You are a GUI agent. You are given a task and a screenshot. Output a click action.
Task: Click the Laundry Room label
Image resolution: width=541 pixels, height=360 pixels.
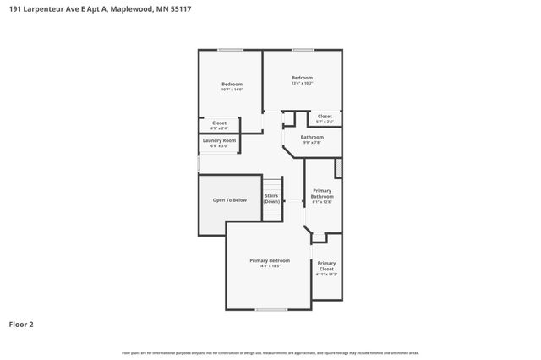point(219,140)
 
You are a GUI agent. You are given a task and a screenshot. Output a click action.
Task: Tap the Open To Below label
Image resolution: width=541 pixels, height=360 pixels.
point(230,200)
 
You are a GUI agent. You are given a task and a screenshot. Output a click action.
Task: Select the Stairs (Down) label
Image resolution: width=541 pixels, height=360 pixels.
point(271,199)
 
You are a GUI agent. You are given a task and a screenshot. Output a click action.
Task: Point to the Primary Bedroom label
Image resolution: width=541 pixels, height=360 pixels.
point(270,260)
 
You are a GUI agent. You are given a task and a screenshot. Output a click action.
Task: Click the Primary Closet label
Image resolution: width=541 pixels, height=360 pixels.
point(326,265)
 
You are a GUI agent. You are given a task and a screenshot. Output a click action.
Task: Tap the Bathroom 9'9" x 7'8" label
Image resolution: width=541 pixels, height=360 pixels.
point(312,139)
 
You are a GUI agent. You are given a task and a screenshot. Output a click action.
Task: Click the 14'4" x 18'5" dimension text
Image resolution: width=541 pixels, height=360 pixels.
point(270,266)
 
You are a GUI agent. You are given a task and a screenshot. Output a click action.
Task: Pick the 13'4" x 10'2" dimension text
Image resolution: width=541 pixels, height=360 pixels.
point(302,83)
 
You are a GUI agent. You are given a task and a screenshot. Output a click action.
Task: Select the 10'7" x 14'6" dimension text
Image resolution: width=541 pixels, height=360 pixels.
point(232,89)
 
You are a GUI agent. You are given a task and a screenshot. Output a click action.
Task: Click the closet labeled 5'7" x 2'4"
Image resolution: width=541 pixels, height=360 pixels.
point(325,119)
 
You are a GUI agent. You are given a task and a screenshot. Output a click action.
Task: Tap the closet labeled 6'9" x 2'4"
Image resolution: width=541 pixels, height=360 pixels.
point(219,126)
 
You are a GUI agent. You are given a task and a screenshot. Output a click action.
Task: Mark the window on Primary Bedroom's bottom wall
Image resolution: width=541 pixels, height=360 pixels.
point(270,309)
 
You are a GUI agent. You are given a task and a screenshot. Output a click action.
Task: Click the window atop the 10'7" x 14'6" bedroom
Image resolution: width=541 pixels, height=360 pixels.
point(230,50)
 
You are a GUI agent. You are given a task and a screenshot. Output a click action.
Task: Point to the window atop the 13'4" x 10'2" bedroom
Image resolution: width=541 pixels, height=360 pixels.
point(303,50)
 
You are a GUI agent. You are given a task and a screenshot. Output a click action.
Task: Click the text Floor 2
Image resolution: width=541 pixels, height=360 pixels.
point(21,324)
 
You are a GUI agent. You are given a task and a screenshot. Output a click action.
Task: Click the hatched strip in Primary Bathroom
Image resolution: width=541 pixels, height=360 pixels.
point(338,168)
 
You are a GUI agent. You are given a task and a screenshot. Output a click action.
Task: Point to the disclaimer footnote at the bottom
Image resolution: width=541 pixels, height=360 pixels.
point(270,352)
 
